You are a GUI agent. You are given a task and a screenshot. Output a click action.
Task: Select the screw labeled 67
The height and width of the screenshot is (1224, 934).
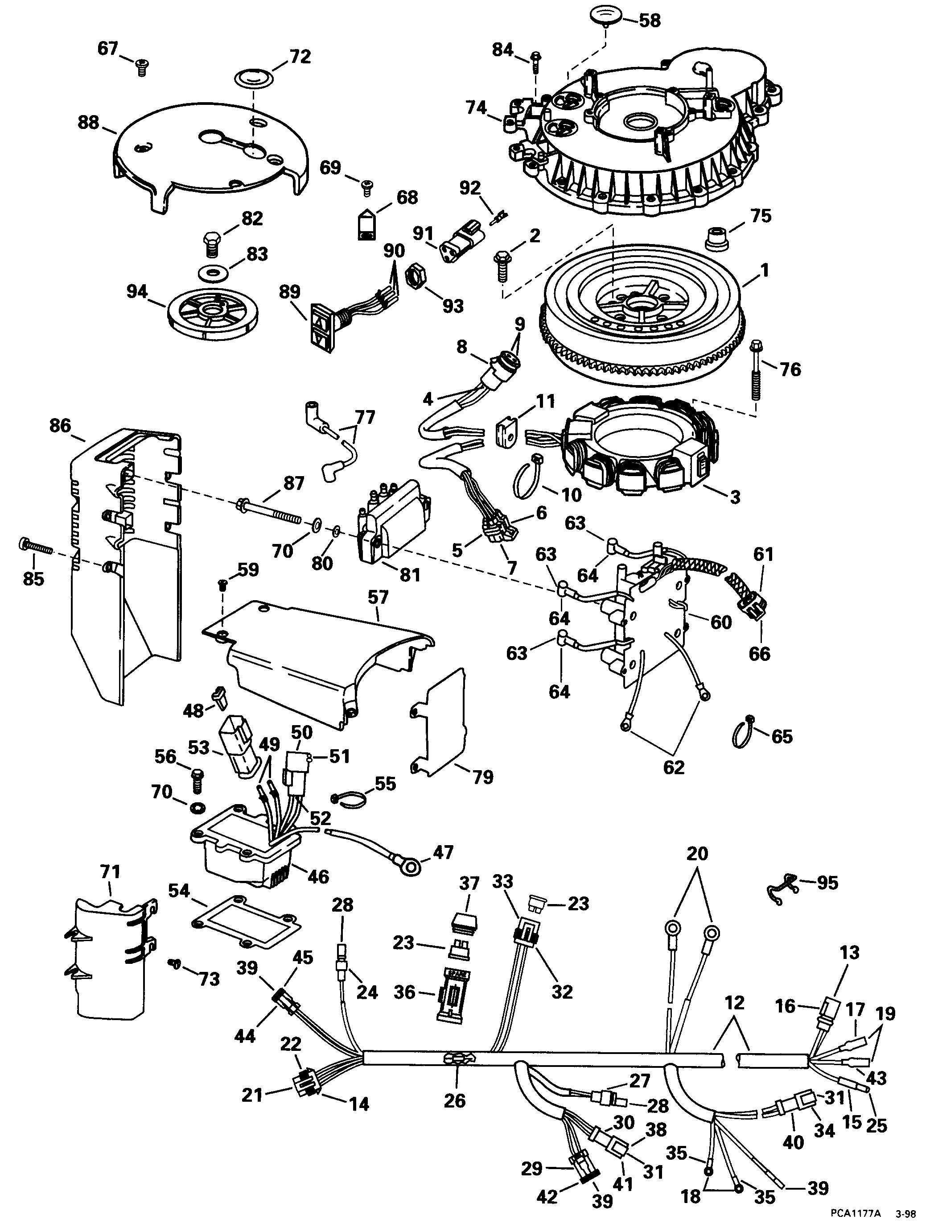point(142,68)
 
